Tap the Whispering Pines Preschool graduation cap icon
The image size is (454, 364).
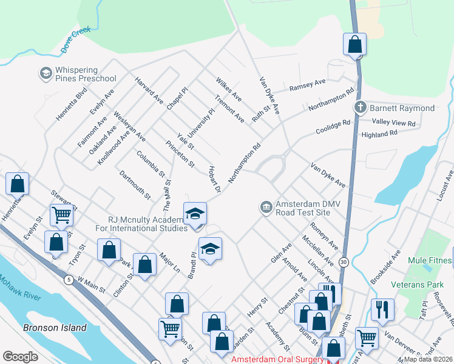coord(46,73)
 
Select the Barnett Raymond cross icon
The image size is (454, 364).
coord(361,108)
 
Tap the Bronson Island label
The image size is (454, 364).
coord(55,328)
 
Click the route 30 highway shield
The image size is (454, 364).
coord(344,261)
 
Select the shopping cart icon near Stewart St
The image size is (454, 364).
coord(62,214)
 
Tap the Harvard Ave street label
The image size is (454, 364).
coord(149,90)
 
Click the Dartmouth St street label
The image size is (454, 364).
coord(135,185)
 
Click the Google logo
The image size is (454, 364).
coord(21,357)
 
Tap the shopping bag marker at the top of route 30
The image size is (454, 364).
coord(354,44)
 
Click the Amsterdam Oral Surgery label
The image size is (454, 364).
coord(278,360)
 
